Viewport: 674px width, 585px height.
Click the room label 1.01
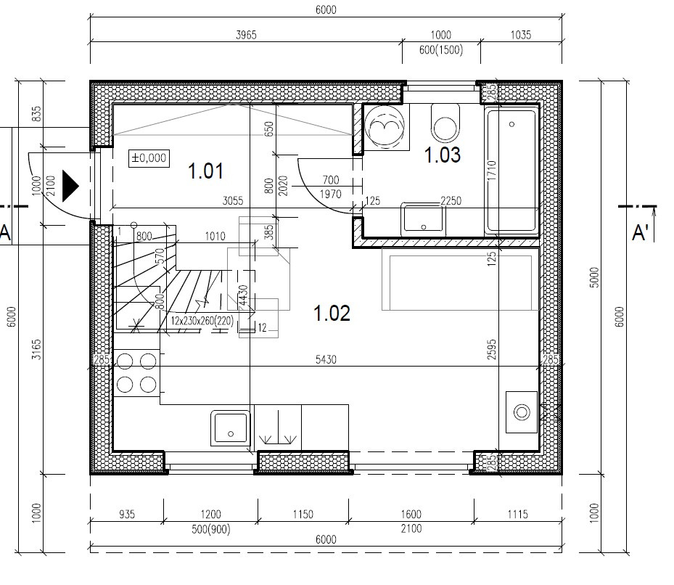tap(206, 171)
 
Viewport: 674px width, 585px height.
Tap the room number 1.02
tap(332, 313)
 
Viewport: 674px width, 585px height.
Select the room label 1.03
tap(443, 155)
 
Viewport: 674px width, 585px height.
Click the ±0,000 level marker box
tap(149, 158)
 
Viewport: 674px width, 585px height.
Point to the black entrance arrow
tap(70, 186)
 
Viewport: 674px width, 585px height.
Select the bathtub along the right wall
tap(511, 170)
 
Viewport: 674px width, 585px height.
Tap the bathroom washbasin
tap(423, 219)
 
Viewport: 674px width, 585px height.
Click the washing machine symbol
tap(385, 127)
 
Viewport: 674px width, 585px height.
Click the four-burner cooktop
tap(136, 373)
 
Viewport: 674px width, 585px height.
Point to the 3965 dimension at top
tap(246, 35)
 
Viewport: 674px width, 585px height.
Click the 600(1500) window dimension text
tap(440, 50)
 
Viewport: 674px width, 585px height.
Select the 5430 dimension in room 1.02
tap(326, 359)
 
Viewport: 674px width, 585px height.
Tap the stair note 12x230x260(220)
tap(202, 321)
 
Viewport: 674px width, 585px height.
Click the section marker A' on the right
tap(640, 233)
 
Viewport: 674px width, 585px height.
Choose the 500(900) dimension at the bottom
tap(210, 528)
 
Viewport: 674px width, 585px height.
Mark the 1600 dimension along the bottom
tap(411, 514)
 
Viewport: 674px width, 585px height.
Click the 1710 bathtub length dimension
tap(492, 171)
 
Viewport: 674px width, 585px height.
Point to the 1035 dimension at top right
tap(520, 35)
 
